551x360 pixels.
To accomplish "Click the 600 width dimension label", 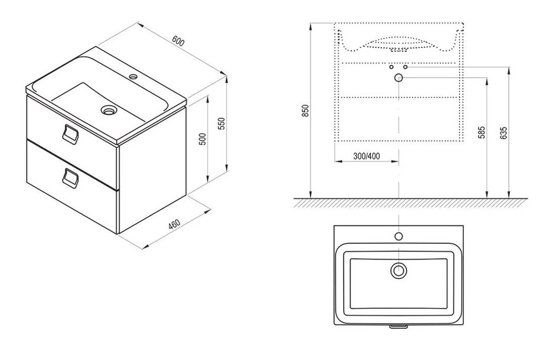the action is [178, 41].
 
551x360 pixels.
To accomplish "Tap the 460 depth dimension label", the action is [174, 224].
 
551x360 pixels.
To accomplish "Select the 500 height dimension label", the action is [202, 139].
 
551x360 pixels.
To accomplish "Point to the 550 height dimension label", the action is [221, 123].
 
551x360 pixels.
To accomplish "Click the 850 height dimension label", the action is [305, 111].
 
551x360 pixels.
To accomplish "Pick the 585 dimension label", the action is [482, 132].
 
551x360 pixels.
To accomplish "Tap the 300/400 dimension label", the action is [366, 155].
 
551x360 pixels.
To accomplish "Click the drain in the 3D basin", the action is [108, 110].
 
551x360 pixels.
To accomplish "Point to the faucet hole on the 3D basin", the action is [133, 76].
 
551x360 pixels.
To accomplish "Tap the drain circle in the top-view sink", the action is [398, 271].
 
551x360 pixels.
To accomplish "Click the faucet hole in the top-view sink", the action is [398, 236].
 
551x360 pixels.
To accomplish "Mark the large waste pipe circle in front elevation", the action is [398, 78].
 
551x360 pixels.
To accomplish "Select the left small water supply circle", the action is [391, 67].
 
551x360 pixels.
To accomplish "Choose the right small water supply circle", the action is [405, 67].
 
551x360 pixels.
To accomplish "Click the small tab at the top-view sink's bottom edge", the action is [398, 327].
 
